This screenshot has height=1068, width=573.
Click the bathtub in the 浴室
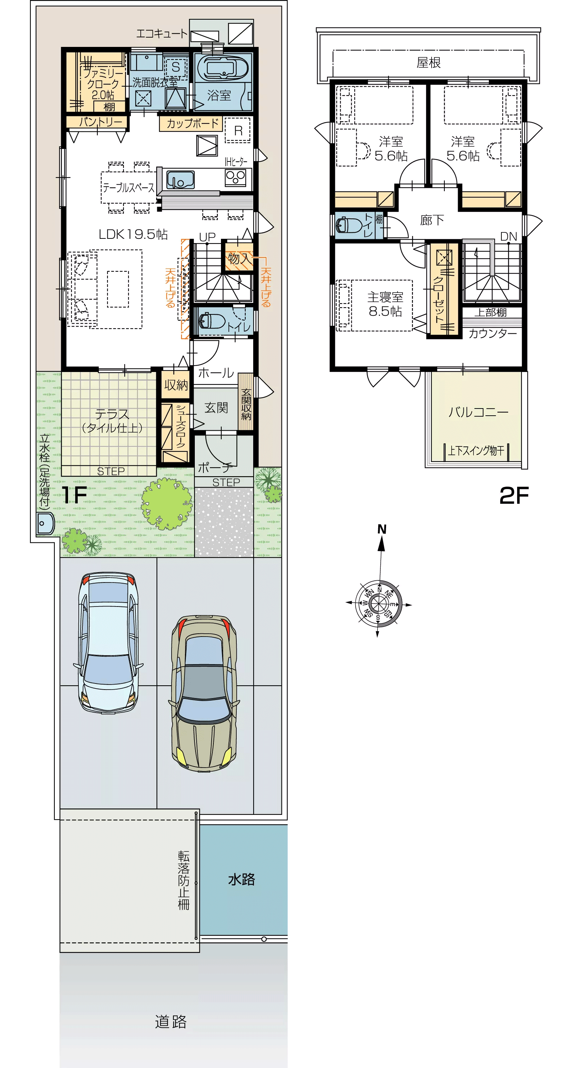[x=222, y=68]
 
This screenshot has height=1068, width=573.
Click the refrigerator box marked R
[x=238, y=130]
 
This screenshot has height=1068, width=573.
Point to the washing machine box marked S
[x=176, y=67]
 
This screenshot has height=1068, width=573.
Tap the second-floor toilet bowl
[x=348, y=225]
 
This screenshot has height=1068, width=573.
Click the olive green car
[x=204, y=693]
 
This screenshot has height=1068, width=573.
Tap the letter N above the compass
[x=382, y=529]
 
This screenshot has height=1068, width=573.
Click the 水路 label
[x=241, y=879]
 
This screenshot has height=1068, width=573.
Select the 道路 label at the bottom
[x=171, y=1022]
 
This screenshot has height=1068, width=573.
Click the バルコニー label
[x=478, y=412]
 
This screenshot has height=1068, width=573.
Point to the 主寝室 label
[x=385, y=297]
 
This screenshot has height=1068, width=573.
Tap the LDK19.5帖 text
[x=133, y=234]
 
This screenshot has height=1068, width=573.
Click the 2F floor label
[x=514, y=495]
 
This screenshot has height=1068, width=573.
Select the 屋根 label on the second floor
[x=429, y=63]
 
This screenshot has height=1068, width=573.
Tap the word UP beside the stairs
[x=207, y=237]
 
